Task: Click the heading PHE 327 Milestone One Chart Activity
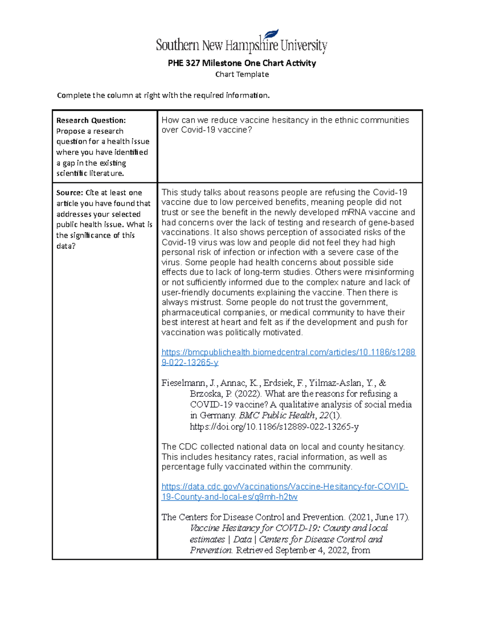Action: [242, 63]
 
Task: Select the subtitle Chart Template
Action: [242, 74]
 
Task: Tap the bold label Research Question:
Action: [91, 120]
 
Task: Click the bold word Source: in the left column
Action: [69, 193]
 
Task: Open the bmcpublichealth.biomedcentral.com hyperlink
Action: [288, 352]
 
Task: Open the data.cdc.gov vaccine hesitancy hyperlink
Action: [285, 487]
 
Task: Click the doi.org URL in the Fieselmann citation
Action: [274, 426]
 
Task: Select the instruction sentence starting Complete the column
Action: [163, 96]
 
